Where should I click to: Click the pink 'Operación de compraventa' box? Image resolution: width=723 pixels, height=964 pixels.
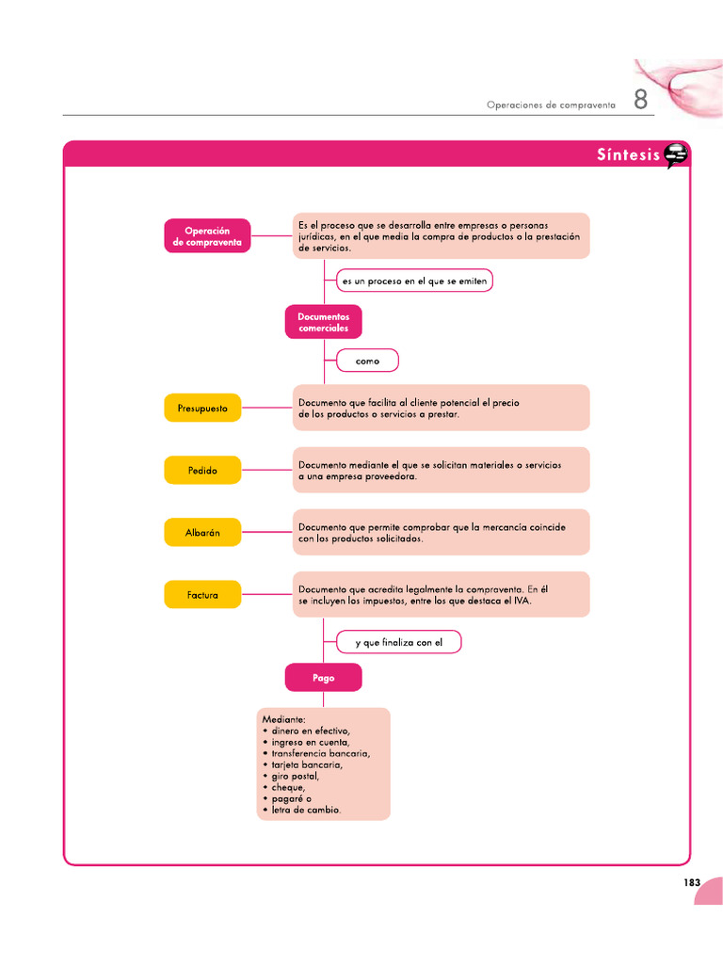207,235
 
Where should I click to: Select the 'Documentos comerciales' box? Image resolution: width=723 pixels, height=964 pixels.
323,322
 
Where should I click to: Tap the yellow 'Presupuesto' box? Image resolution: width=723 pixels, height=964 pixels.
201,409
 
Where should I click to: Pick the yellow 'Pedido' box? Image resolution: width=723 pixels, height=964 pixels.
201,470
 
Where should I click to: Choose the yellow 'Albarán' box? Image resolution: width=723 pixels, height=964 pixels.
201,532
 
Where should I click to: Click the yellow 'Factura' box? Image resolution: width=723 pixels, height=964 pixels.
201,595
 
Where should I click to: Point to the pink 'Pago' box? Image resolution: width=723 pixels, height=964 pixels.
323,678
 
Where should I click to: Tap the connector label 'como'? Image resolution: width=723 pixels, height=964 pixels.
367,361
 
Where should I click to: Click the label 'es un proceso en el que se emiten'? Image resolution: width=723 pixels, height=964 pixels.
414,281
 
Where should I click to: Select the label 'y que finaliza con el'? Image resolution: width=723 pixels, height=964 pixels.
398,643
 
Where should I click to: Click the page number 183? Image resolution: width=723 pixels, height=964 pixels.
692,882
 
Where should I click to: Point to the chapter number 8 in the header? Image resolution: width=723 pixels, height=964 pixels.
640,101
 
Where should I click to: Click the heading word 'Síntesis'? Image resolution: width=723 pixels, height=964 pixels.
628,155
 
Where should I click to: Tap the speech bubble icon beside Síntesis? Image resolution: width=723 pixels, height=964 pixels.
675,155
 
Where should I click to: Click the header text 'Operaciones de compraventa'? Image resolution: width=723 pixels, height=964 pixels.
551,105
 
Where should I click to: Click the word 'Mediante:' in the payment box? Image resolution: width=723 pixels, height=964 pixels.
283,720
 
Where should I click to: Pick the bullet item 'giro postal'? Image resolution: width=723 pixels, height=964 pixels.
295,777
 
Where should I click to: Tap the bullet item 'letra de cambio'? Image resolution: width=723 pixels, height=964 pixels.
306,810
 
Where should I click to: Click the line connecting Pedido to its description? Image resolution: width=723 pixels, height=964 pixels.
266,470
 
